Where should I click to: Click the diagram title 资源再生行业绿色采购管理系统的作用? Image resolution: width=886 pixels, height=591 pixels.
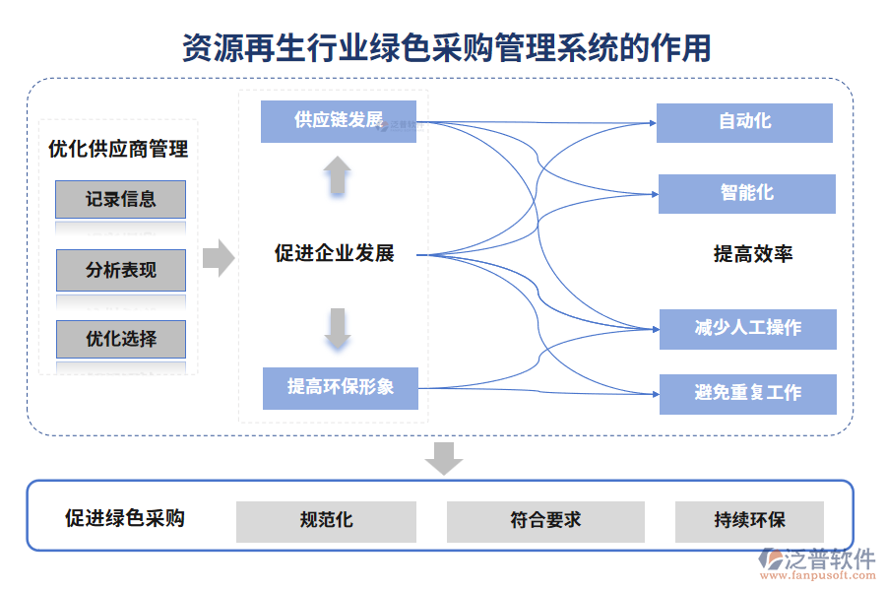(446, 45)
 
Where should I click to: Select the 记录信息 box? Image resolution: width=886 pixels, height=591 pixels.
(120, 199)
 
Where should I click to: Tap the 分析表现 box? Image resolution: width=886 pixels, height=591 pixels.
(120, 270)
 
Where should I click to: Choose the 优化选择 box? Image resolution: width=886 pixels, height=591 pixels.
(120, 339)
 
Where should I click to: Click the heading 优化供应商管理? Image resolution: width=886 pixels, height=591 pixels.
(118, 150)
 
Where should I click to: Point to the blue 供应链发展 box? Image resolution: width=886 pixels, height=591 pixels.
(339, 121)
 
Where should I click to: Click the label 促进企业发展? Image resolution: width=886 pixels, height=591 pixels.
(334, 253)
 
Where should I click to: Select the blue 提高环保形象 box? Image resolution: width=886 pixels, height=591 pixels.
(341, 387)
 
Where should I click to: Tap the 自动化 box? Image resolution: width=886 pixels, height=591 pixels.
(744, 122)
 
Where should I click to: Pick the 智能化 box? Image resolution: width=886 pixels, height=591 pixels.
(746, 193)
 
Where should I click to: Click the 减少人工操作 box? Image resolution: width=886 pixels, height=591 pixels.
(747, 329)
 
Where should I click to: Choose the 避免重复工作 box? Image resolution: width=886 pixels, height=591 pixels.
(747, 393)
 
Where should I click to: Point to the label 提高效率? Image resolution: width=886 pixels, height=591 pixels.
(753, 254)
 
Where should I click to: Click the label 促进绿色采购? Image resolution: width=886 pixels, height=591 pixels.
(125, 518)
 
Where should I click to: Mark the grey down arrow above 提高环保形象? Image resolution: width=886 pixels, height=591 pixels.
(338, 329)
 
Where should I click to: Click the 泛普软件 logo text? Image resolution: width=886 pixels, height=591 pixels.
(829, 558)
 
